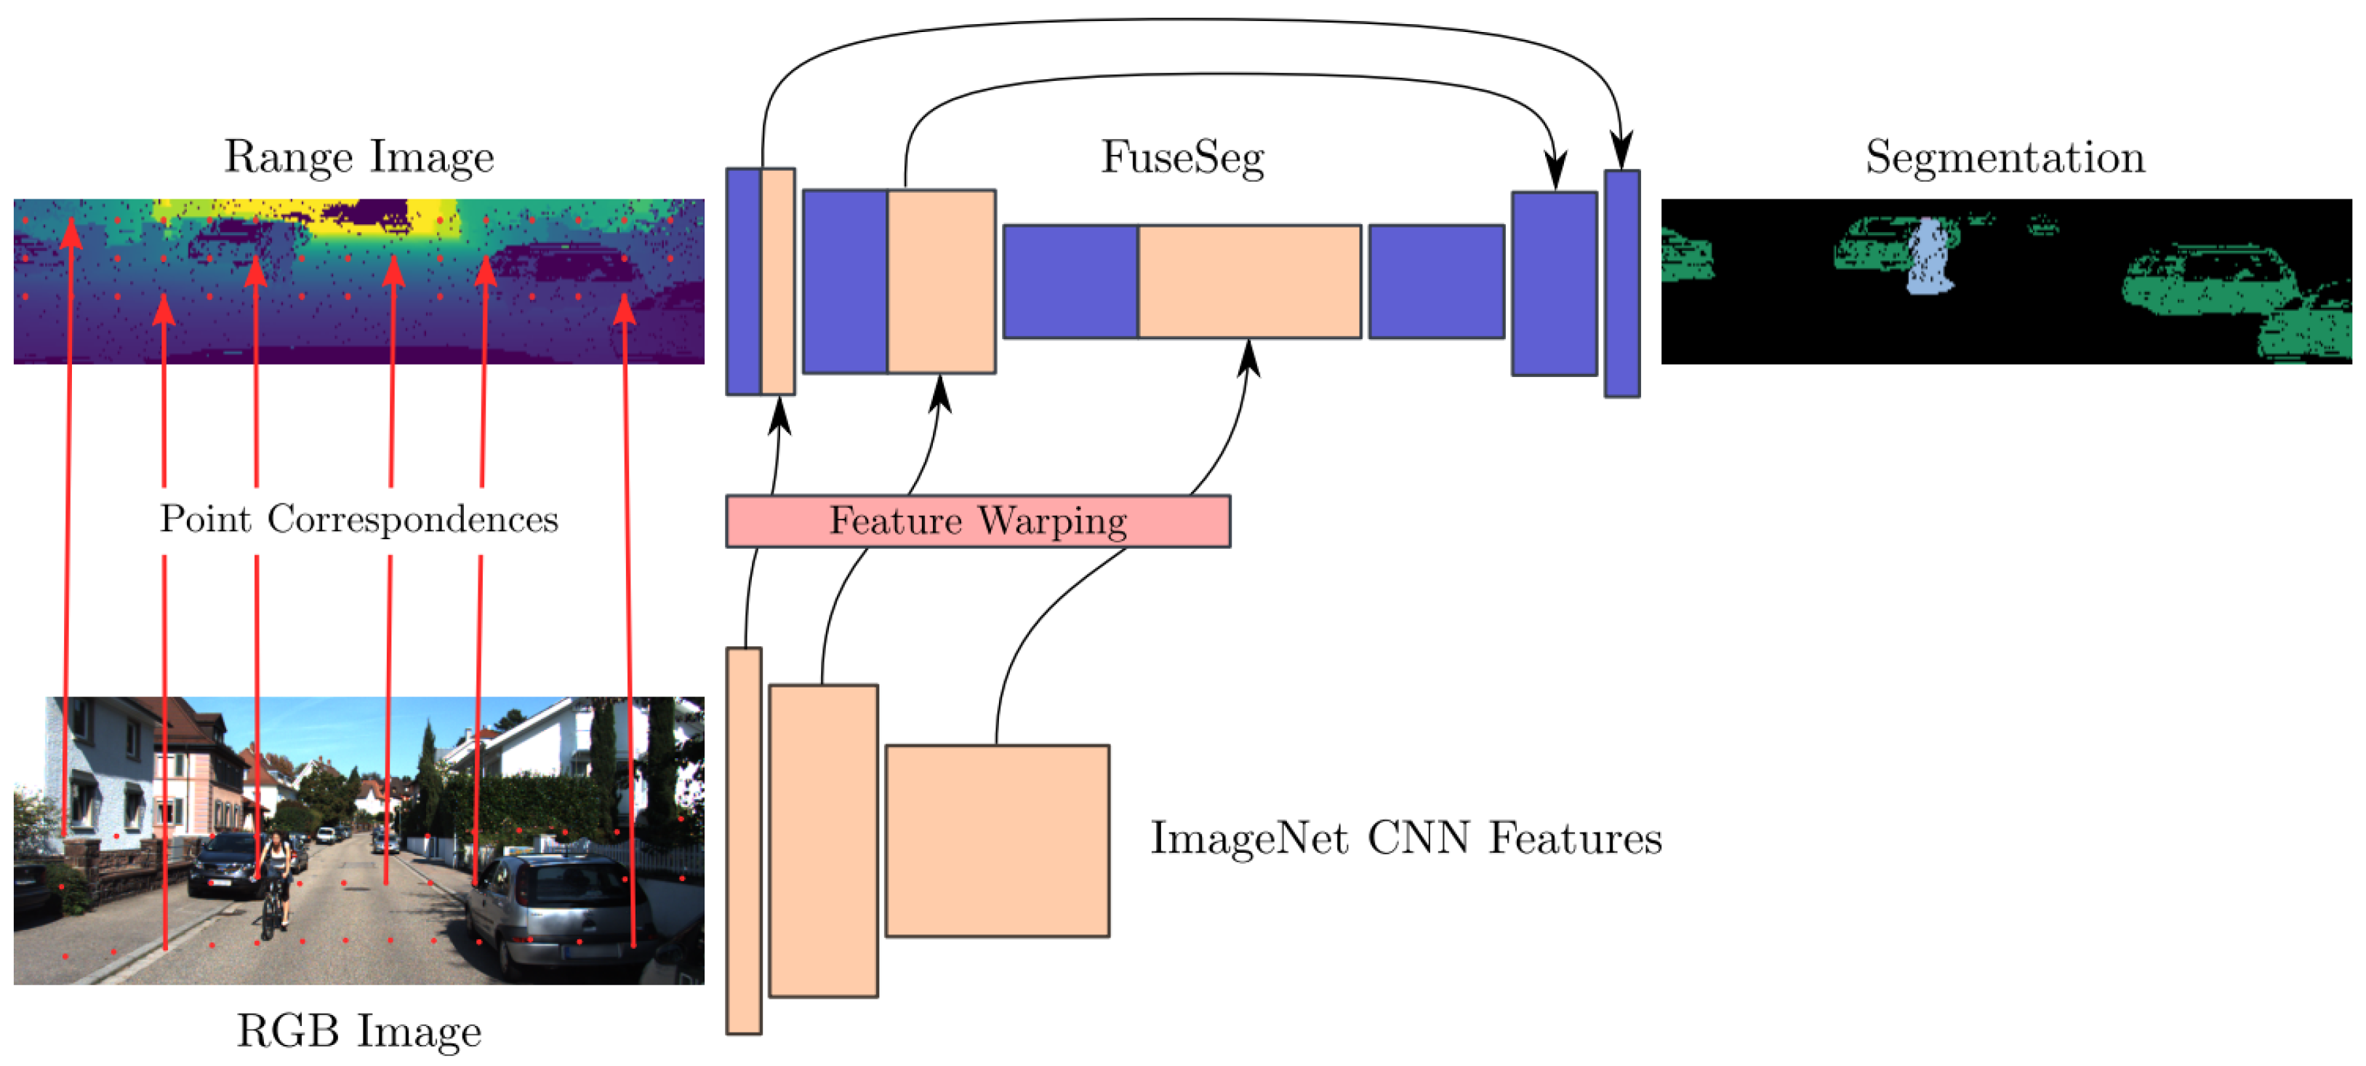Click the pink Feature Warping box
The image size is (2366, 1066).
click(x=977, y=521)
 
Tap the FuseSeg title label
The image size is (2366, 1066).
click(x=1182, y=157)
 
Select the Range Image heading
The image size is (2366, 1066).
click(x=359, y=157)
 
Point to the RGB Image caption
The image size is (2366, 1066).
click(x=359, y=1030)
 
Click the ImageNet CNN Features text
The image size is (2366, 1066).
click(x=1405, y=838)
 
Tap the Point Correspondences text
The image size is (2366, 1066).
click(x=359, y=520)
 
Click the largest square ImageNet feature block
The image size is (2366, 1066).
click(x=997, y=841)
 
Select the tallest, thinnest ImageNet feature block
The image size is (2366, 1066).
click(x=743, y=841)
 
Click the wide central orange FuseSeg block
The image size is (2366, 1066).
click(x=1249, y=281)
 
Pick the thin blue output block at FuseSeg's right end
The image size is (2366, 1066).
click(x=1621, y=283)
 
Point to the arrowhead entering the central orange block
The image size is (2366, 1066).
click(x=1248, y=356)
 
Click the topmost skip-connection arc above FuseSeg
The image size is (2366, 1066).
click(x=1194, y=20)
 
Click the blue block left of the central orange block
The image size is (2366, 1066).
click(x=1070, y=281)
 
